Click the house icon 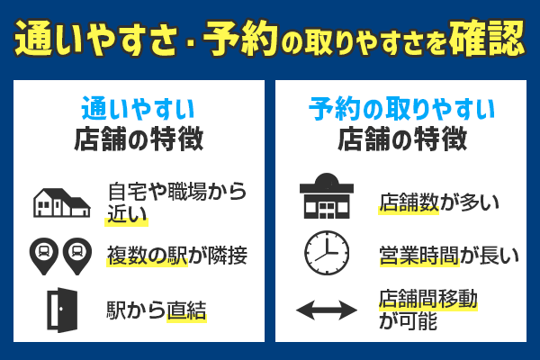point(61,202)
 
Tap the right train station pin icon point(77,255)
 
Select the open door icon point(61,310)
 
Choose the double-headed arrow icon point(327,310)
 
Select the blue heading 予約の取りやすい point(401,111)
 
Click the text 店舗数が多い point(438,202)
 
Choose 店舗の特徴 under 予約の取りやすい point(401,141)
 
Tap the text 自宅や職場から point(176,191)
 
